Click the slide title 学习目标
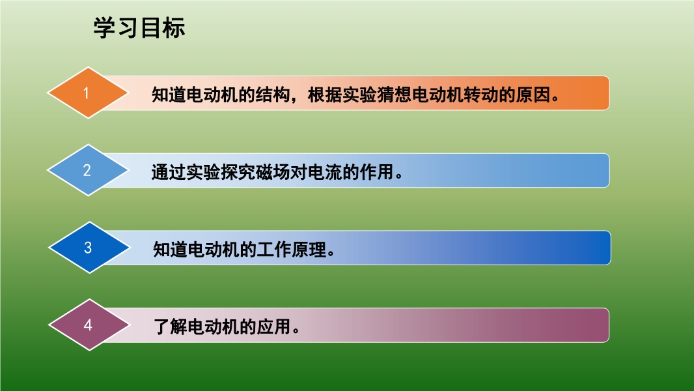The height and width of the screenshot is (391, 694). coord(139,27)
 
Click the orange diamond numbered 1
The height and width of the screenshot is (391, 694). coord(88,93)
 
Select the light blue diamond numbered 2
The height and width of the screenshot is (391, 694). coord(88,170)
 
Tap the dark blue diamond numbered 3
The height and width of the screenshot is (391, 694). coord(89,248)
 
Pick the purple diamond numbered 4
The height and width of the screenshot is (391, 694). coord(89,325)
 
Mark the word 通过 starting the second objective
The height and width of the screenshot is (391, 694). coord(169,172)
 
